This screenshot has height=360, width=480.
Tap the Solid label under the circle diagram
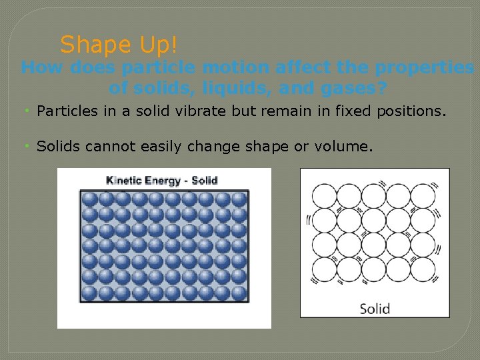375,309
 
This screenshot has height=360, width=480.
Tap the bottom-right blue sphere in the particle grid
239,293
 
